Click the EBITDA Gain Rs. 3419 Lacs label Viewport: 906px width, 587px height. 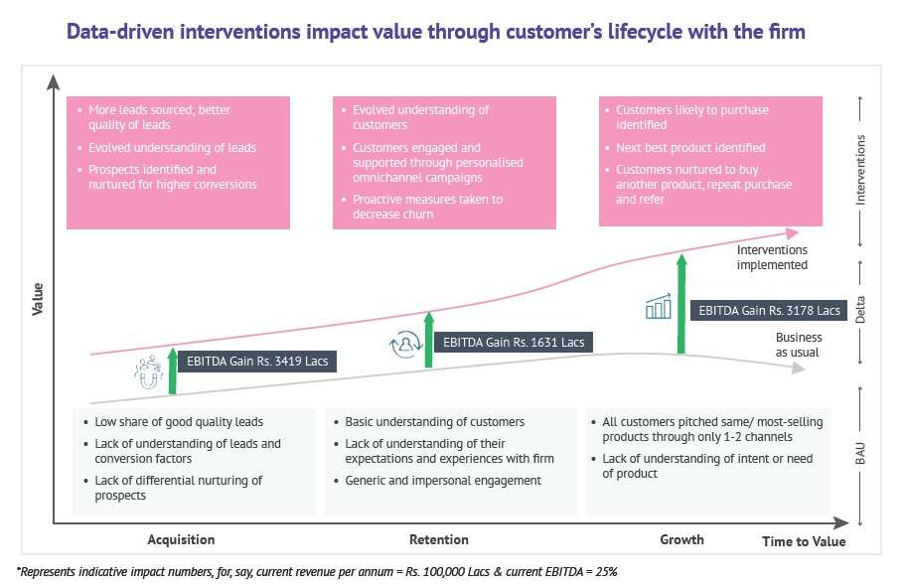pos(257,361)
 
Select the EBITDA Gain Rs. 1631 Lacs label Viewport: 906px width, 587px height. pos(514,342)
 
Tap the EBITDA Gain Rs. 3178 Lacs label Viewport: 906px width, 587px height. pos(770,310)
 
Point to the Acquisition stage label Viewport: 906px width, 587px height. pos(181,540)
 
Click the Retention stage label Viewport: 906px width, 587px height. pos(438,540)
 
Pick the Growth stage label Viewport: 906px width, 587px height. pos(681,539)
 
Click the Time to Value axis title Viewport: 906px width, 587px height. pos(804,541)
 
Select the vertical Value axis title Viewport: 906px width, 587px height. pos(38,298)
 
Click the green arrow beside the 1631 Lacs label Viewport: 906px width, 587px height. pos(429,340)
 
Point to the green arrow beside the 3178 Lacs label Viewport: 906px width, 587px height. pos(681,303)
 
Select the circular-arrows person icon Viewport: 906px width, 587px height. pos(404,344)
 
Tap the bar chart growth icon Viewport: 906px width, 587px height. pos(658,307)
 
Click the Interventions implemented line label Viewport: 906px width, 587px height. pos(772,258)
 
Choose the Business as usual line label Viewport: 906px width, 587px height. pos(799,345)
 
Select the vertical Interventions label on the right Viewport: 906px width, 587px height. pos(862,169)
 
